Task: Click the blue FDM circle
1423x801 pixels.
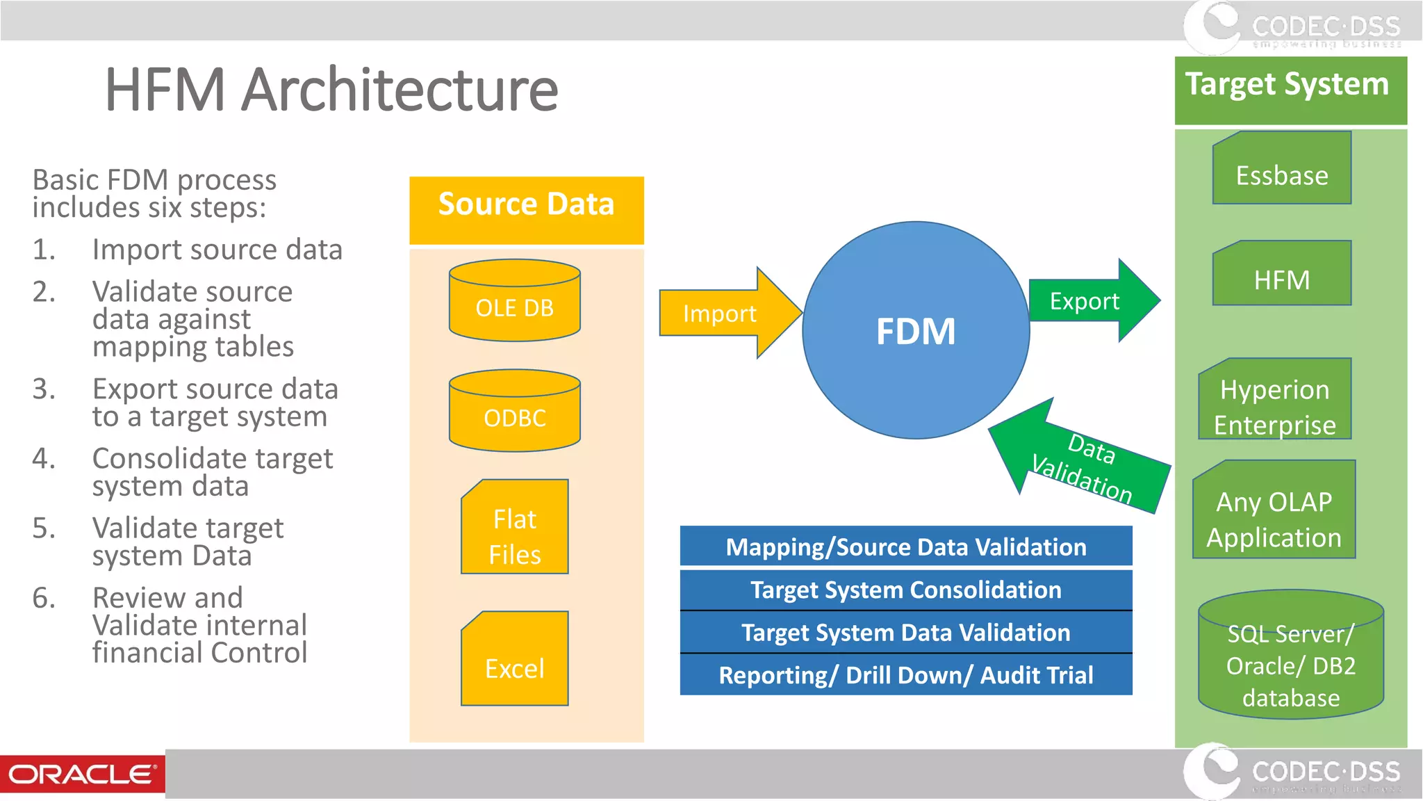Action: point(915,330)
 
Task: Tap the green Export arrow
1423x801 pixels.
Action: point(1091,300)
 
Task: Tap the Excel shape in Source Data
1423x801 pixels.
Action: point(515,661)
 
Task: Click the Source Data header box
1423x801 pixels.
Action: point(526,209)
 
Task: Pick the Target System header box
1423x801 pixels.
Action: point(1290,90)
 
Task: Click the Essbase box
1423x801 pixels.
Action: point(1282,170)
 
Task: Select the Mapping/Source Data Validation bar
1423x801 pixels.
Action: point(905,547)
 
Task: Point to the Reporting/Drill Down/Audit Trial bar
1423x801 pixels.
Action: point(905,674)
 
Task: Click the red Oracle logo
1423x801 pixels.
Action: point(82,774)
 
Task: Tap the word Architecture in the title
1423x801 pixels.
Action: point(400,90)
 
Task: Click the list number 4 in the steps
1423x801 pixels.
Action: point(43,458)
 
